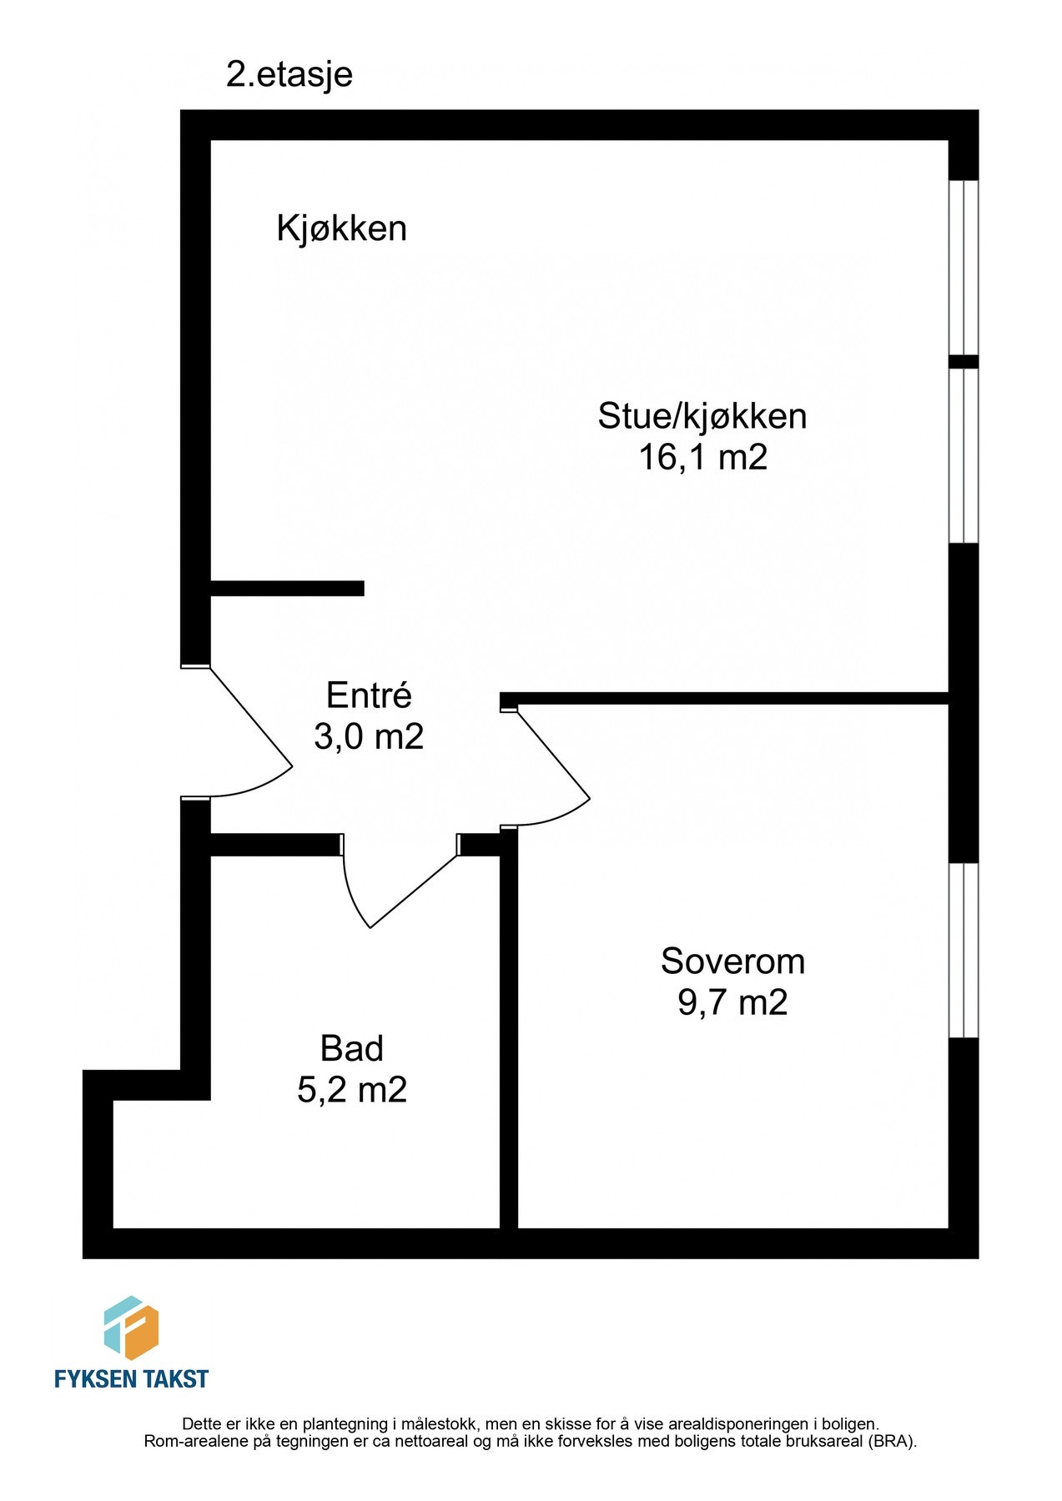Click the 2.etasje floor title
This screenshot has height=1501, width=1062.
289,75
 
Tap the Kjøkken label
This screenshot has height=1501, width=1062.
341,228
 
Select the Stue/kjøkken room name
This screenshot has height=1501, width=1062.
702,416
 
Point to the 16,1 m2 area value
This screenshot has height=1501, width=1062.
702,458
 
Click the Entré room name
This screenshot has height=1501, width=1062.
369,695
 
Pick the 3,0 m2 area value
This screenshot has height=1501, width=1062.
369,736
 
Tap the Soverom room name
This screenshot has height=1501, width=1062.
732,961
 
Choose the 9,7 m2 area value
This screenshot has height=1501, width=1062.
732,1002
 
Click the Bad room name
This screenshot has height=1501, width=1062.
352,1049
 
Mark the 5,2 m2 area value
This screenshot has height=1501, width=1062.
352,1090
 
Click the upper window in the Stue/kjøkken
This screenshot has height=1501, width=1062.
964,267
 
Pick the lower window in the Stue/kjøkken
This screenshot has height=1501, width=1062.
964,455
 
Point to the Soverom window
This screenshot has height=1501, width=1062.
964,950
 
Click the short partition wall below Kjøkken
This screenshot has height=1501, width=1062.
287,588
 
